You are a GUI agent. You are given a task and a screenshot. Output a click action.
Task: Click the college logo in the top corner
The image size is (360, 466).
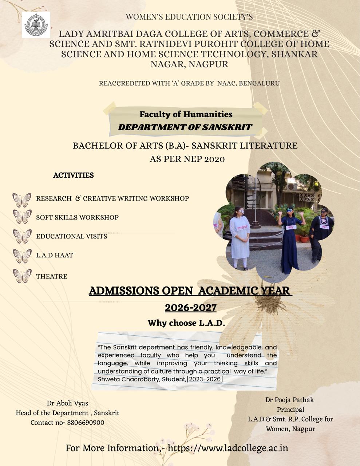[36, 25]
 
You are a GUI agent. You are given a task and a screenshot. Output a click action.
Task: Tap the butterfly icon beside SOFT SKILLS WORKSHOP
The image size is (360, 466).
[22, 217]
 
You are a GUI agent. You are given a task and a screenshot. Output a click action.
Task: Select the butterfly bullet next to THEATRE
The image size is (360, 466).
[22, 276]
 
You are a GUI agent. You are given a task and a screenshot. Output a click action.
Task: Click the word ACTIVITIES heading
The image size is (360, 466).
[74, 175]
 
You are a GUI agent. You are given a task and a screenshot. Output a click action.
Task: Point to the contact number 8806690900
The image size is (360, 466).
[86, 423]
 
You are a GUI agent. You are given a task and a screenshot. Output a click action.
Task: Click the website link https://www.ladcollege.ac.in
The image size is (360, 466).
[228, 448]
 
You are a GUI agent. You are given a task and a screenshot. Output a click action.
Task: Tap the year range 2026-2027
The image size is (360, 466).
[191, 308]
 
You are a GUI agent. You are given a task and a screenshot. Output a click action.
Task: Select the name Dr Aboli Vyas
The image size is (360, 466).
[67, 403]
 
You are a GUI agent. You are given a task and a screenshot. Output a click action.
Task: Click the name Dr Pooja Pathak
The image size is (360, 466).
[289, 400]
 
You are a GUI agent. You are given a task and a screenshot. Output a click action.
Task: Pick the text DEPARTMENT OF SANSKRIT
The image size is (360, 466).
[185, 127]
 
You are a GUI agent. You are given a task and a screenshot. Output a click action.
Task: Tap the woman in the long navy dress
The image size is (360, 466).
[290, 240]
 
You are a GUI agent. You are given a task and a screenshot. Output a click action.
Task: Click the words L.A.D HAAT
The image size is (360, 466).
[55, 255]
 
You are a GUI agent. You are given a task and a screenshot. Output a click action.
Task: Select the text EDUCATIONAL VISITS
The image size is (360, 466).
[71, 236]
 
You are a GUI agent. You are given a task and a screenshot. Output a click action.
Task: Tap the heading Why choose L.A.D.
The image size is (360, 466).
[186, 323]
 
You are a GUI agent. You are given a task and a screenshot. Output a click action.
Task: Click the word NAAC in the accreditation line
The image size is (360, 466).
[226, 83]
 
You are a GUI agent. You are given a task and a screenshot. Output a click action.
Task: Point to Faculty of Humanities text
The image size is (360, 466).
[186, 114]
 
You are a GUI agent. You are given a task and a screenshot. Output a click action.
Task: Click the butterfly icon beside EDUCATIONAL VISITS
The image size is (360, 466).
[22, 236]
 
